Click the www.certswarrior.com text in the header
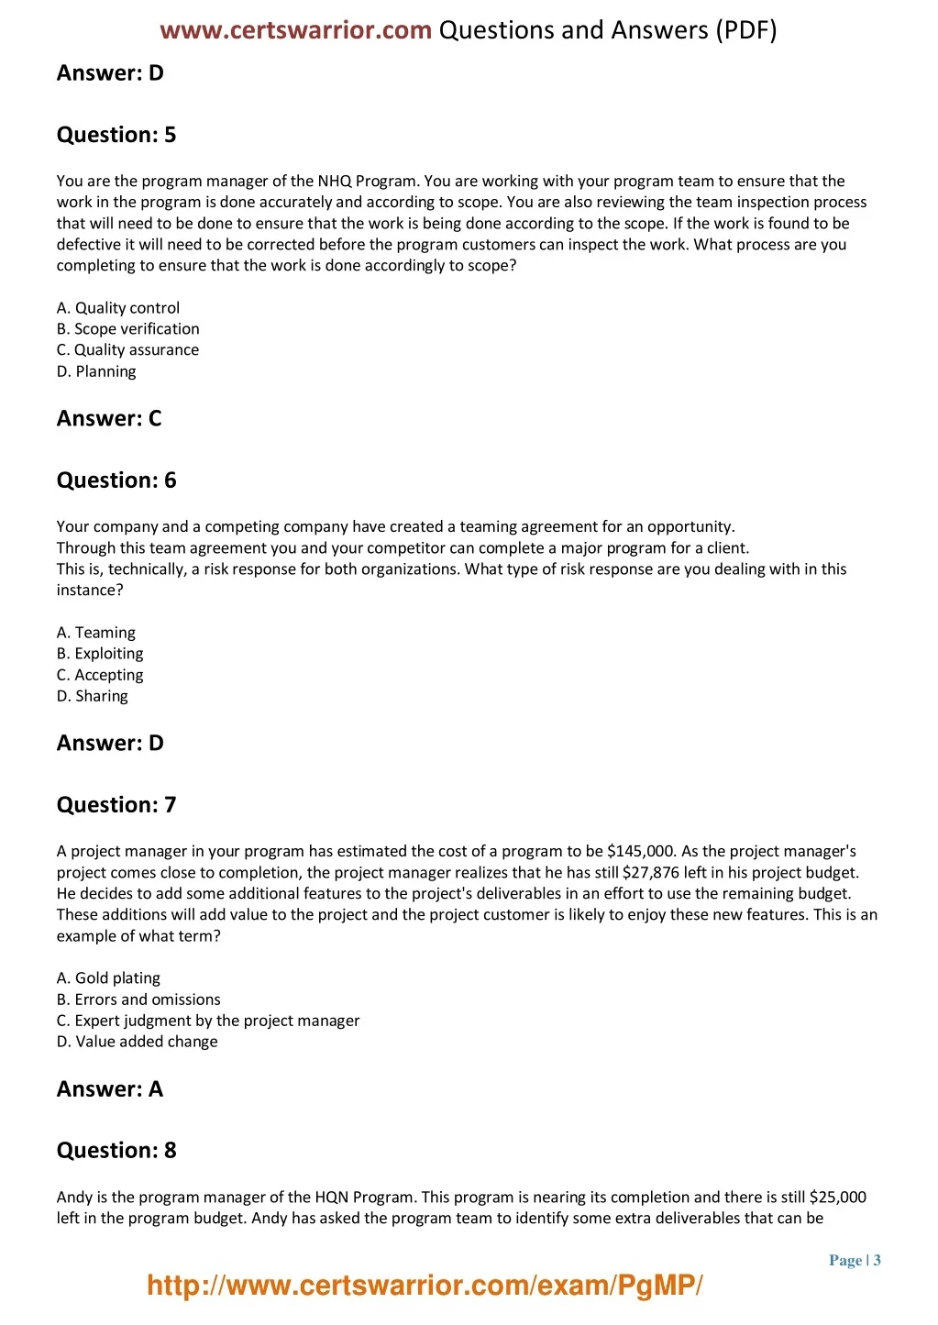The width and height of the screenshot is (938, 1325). pyautogui.click(x=295, y=30)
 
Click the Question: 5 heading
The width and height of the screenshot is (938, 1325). pyautogui.click(x=116, y=135)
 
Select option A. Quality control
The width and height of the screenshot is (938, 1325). pyautogui.click(x=118, y=308)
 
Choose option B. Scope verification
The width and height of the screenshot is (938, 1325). pyautogui.click(x=127, y=329)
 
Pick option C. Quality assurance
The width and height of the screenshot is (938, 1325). pyautogui.click(x=127, y=350)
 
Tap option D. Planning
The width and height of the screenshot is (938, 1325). pyautogui.click(x=96, y=371)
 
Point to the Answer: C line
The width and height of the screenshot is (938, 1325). pyautogui.click(x=109, y=419)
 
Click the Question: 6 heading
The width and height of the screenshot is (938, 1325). pyautogui.click(x=116, y=480)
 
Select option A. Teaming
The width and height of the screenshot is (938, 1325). pyautogui.click(x=96, y=633)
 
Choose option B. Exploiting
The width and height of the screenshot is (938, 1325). pyautogui.click(x=100, y=654)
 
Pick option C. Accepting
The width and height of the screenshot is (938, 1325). pyautogui.click(x=100, y=675)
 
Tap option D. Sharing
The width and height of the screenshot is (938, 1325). pyautogui.click(x=93, y=696)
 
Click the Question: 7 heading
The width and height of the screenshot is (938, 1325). pyautogui.click(x=116, y=805)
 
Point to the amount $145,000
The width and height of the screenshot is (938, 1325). pyautogui.click(x=641, y=852)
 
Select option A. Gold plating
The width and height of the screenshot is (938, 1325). pyautogui.click(x=108, y=978)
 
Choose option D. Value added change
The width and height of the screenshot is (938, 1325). pyautogui.click(x=138, y=1042)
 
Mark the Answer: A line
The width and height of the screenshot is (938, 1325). pyautogui.click(x=110, y=1089)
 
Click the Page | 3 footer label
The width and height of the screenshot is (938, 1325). pyautogui.click(x=855, y=1260)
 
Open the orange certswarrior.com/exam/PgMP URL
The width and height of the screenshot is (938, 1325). pyautogui.click(x=425, y=1286)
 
